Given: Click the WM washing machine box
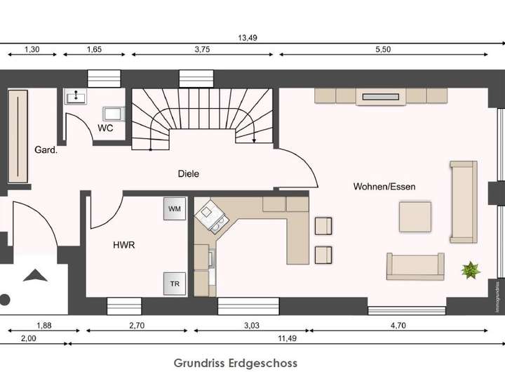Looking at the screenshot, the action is point(174,208).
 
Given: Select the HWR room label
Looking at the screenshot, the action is point(124,246).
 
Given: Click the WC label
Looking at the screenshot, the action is point(105,128).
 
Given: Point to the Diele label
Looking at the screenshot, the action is point(187,172).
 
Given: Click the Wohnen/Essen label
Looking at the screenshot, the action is point(384,187).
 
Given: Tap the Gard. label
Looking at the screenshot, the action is point(46,150).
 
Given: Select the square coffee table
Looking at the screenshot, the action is point(415,216).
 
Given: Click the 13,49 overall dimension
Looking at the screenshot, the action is point(248,39).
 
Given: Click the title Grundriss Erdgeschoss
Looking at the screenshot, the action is point(236,362).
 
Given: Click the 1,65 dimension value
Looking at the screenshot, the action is point(95,50).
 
